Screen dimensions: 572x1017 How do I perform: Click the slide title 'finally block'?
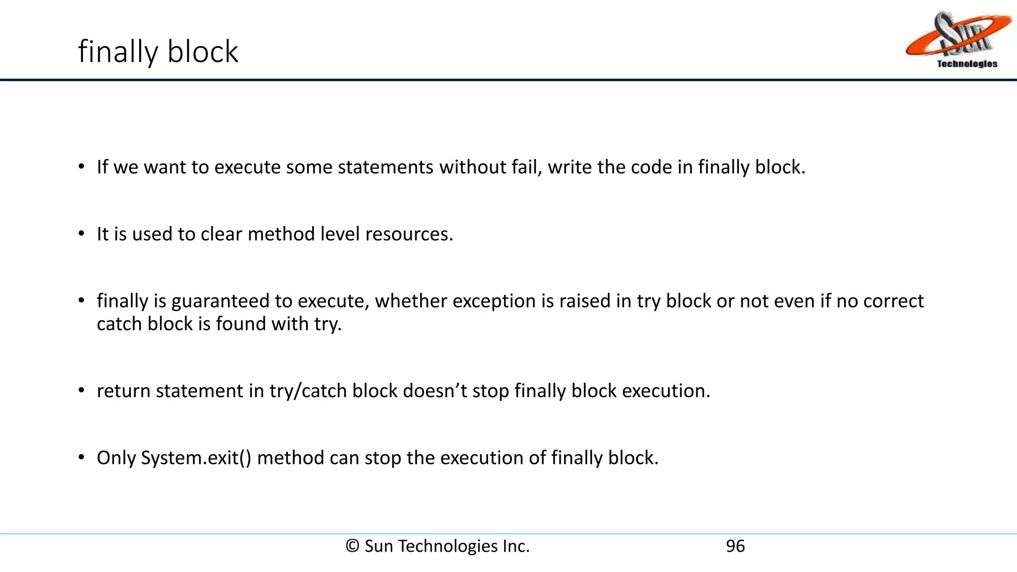tap(158, 52)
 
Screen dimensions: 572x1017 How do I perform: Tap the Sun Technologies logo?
tap(958, 40)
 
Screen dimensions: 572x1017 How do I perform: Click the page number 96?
tap(735, 546)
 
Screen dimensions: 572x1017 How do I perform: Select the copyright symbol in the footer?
tap(352, 546)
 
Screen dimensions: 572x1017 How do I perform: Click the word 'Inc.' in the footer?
tap(516, 546)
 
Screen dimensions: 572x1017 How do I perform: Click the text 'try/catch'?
tap(308, 391)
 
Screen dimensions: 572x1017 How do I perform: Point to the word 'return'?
tap(124, 391)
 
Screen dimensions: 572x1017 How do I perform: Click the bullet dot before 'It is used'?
tap(81, 234)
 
